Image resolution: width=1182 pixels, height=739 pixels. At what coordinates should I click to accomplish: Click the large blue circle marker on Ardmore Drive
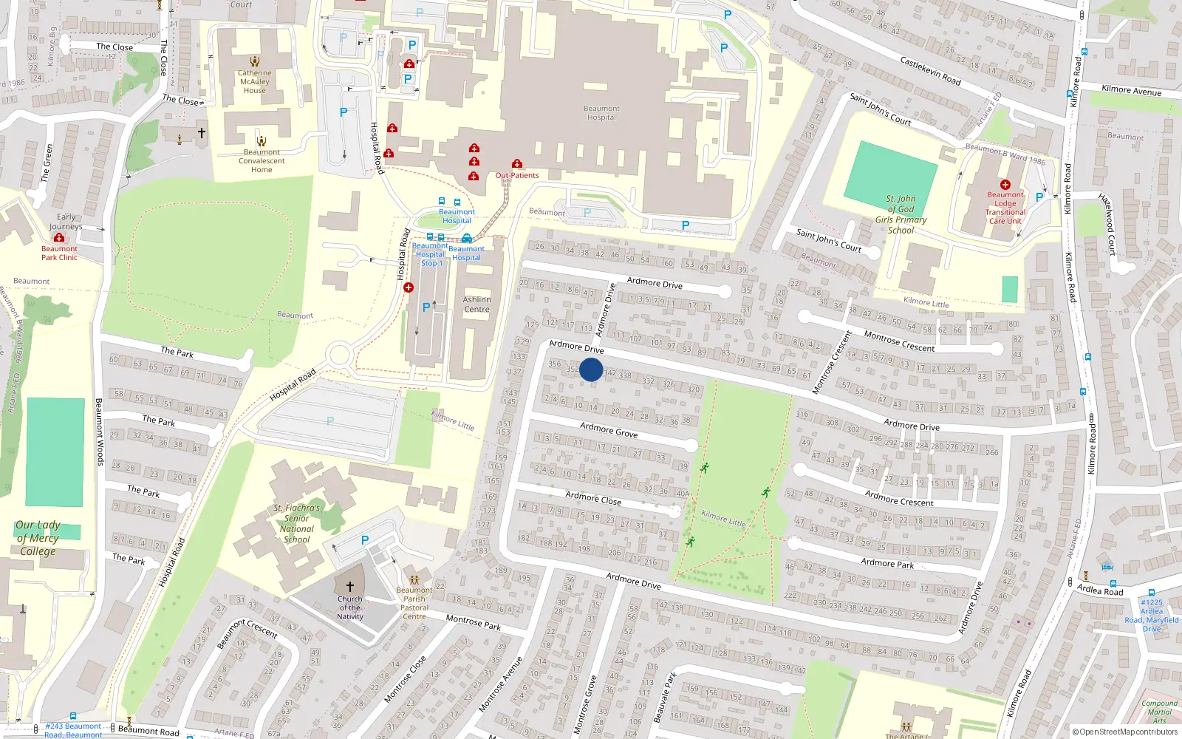591,369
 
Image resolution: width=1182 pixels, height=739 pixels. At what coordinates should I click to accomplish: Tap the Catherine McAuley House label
255,82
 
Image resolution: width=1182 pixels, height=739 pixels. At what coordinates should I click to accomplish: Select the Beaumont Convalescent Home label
262,161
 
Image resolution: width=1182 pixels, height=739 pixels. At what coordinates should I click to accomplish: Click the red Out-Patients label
517,176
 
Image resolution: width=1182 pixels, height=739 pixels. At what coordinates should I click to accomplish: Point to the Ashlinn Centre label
476,304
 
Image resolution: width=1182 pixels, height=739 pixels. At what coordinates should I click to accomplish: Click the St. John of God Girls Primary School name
901,214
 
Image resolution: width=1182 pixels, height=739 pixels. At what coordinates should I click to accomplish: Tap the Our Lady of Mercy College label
38,538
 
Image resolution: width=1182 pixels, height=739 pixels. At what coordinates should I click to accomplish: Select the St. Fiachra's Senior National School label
297,524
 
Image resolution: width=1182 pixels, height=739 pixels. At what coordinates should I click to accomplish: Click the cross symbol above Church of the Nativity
350,586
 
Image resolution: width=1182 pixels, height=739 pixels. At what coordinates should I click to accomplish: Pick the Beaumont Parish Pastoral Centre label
414,603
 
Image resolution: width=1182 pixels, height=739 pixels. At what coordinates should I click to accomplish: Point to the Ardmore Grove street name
609,430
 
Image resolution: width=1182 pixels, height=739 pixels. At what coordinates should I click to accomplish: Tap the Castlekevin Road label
930,71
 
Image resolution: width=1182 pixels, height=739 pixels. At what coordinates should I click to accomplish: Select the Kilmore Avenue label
1131,90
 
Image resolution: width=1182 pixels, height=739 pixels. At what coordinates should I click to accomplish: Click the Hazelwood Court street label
1107,224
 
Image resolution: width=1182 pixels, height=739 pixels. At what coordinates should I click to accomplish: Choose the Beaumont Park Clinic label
59,253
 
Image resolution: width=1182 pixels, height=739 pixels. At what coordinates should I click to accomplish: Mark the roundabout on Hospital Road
339,355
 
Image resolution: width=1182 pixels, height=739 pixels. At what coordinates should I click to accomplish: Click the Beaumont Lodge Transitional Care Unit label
1005,208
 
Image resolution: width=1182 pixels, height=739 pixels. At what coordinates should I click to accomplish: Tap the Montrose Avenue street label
501,684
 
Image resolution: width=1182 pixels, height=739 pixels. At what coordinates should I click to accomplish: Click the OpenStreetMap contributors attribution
1125,732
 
